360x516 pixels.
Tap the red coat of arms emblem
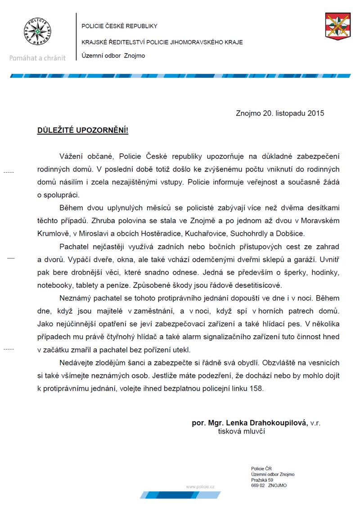337,26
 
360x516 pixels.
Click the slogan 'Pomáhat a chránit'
37,58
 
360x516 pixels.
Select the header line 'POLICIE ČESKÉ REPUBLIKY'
119,26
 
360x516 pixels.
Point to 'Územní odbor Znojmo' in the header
113,56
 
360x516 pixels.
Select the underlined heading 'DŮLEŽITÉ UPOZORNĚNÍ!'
82,130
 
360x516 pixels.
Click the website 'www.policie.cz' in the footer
200,487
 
